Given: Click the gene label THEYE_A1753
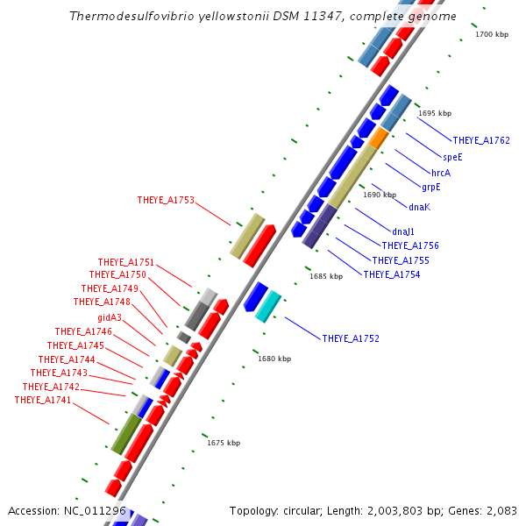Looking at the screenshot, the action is pyautogui.click(x=166, y=200).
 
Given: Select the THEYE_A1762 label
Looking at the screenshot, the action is pyautogui.click(x=481, y=140).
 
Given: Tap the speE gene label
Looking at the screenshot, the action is pyautogui.click(x=452, y=157).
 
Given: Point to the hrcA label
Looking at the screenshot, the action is pyautogui.click(x=441, y=173).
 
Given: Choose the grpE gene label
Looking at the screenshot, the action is pyautogui.click(x=430, y=187).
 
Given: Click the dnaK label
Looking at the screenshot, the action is pyautogui.click(x=419, y=207).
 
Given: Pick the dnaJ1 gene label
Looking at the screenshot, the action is pyautogui.click(x=403, y=231).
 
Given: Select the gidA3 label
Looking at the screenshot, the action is pyautogui.click(x=110, y=317).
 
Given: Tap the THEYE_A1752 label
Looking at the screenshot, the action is pyautogui.click(x=351, y=338).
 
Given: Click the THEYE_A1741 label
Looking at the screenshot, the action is pyautogui.click(x=43, y=400).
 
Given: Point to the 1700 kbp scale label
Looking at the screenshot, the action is pyautogui.click(x=491, y=34).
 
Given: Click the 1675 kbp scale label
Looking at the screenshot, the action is pyautogui.click(x=224, y=443).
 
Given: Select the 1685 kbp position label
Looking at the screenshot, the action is pyautogui.click(x=325, y=276).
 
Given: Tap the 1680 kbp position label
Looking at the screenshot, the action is pyautogui.click(x=274, y=359).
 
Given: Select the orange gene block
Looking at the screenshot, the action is pyautogui.click(x=379, y=139).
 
